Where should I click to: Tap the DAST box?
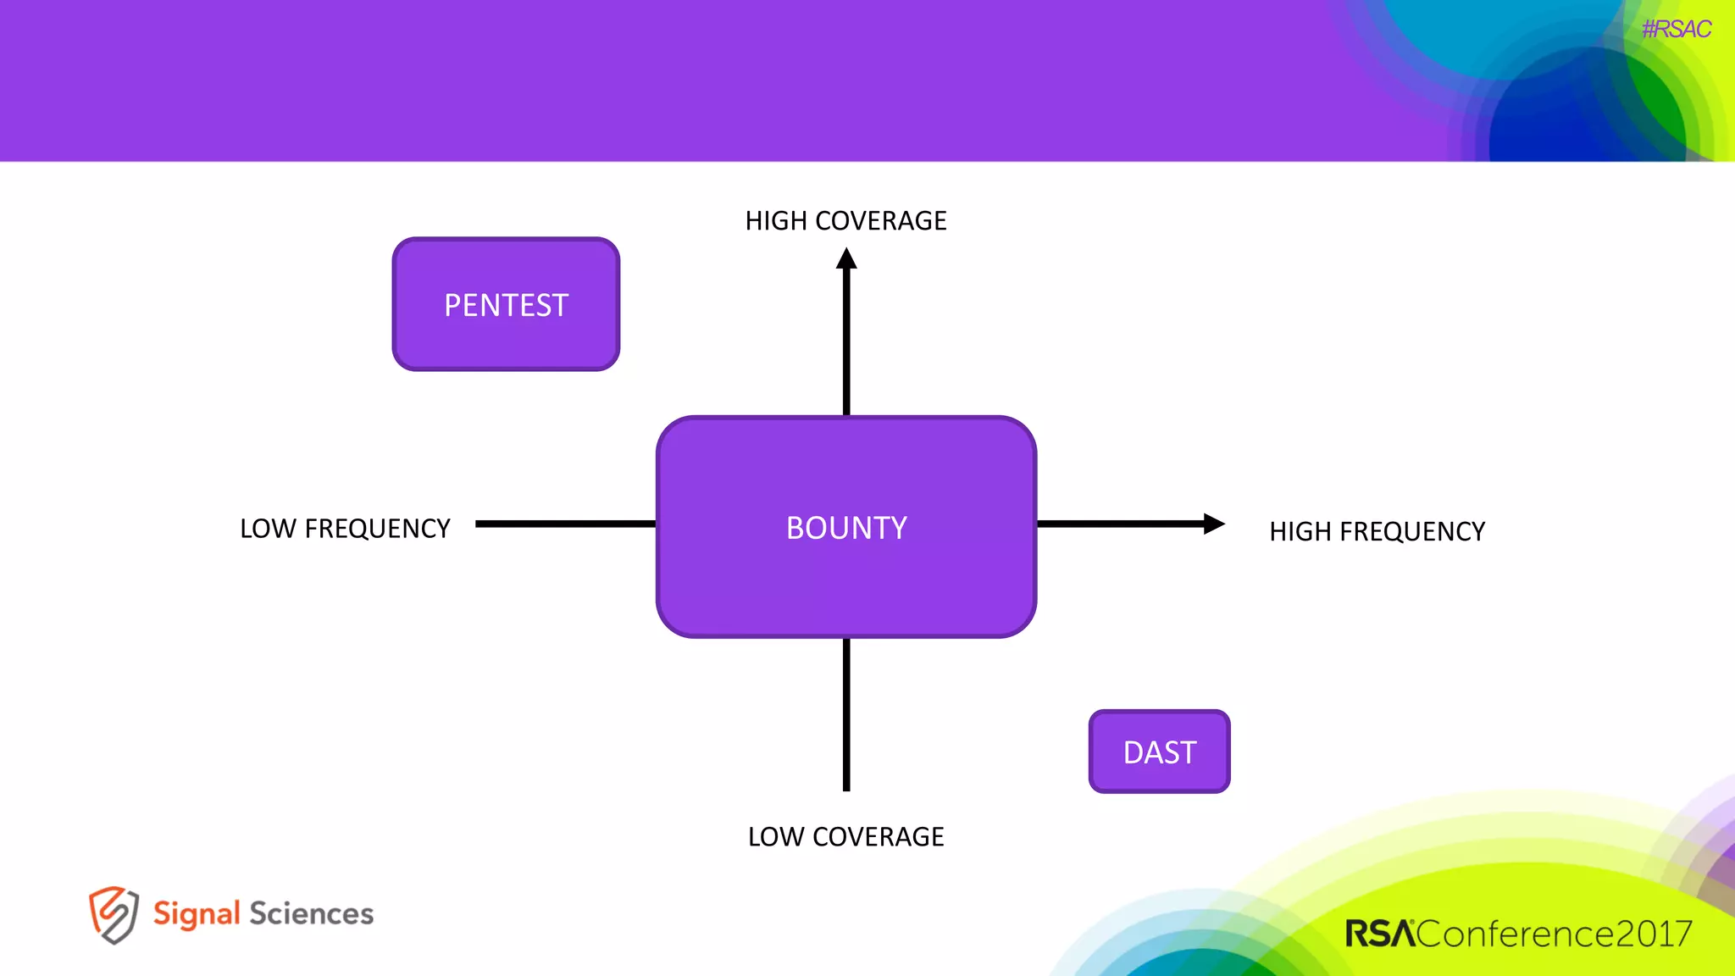point(1159,751)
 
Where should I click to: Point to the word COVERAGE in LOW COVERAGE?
point(878,837)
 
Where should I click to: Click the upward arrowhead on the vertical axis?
point(846,258)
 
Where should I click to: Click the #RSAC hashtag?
point(1676,30)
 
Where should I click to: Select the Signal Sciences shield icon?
point(113,914)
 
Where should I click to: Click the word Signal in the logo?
point(197,914)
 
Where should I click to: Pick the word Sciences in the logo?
point(311,914)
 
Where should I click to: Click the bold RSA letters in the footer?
point(1379,934)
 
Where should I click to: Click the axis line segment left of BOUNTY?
point(565,524)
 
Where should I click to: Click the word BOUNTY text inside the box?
point(845,528)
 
